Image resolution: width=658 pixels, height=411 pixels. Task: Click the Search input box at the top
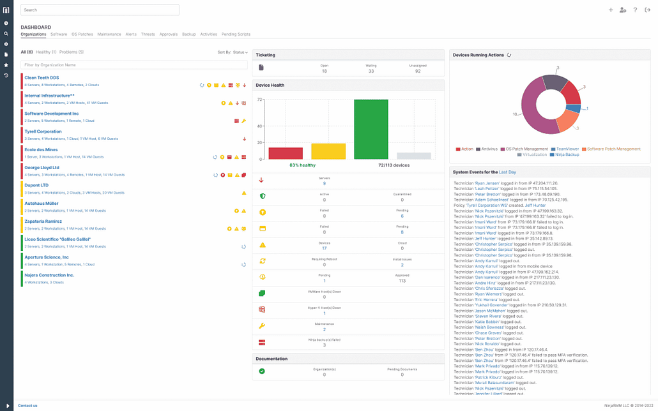(x=100, y=10)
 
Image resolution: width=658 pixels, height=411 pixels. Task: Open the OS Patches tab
(x=82, y=34)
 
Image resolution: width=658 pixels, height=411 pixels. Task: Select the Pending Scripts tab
(x=236, y=34)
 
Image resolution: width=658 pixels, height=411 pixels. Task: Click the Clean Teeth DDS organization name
(x=42, y=78)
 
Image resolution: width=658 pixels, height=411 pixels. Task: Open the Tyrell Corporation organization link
(x=43, y=131)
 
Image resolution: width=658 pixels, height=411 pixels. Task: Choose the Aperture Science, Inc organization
(x=46, y=257)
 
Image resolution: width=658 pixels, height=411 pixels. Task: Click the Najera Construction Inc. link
(x=49, y=275)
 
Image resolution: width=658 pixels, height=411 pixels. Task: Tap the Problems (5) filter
(x=72, y=52)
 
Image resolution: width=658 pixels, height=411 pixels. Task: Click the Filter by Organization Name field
(x=134, y=65)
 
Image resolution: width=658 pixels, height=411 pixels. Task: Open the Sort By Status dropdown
(x=233, y=52)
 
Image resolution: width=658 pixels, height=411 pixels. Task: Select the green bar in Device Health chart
(x=371, y=130)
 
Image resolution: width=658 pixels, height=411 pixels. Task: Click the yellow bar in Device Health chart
(x=328, y=151)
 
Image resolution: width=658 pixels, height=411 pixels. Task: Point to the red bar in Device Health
(x=286, y=153)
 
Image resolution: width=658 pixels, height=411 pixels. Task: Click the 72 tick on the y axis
(x=260, y=100)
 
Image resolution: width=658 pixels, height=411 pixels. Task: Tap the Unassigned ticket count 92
(x=418, y=71)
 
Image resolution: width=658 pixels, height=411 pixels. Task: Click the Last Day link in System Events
(x=508, y=172)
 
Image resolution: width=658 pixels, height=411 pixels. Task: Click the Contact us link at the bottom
(x=27, y=405)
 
